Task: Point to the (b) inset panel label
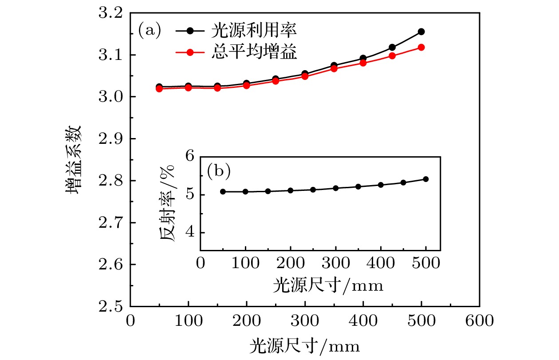pos(219,172)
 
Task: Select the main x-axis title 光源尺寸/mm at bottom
pos(304,344)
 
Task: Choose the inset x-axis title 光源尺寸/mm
pos(328,285)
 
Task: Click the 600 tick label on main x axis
pos(479,321)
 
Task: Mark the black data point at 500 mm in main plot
pos(421,32)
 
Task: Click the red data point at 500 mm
pos(421,47)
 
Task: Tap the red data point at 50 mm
pos(159,89)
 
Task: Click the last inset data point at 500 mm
pos(426,179)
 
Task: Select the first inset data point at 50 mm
pos(223,191)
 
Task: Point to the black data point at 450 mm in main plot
pos(392,47)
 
